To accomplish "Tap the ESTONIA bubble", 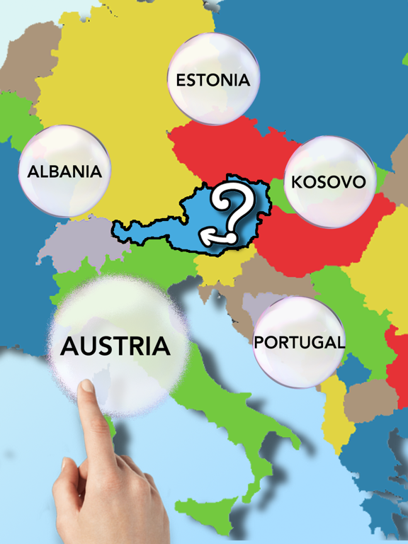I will [x=213, y=79].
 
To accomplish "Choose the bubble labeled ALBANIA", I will [x=64, y=171].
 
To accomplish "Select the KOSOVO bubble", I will [x=329, y=182].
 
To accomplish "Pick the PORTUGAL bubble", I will [x=299, y=342].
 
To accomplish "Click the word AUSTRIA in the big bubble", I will [x=115, y=346].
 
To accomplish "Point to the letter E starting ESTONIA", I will [x=181, y=79].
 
